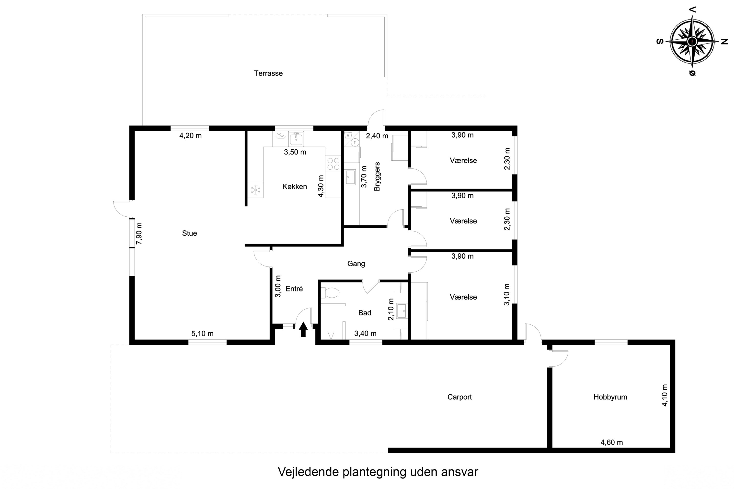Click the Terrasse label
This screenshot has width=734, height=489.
(268, 73)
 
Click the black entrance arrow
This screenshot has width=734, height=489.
(303, 329)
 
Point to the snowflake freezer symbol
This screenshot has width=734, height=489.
(256, 190)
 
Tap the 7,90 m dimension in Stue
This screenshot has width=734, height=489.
(139, 233)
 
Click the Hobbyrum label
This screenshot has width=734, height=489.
(610, 397)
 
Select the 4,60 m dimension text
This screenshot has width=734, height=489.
(612, 442)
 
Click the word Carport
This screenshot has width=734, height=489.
(459, 397)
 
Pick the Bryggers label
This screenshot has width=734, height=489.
(377, 176)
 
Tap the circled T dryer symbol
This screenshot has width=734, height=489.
(355, 142)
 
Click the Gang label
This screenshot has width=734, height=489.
(356, 264)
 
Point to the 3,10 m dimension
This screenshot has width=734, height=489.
(506, 294)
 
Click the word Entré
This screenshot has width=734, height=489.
(294, 289)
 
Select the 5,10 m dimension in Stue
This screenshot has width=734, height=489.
(202, 333)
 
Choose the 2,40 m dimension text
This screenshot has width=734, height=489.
(377, 136)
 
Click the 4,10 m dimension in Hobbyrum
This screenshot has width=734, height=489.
(665, 395)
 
